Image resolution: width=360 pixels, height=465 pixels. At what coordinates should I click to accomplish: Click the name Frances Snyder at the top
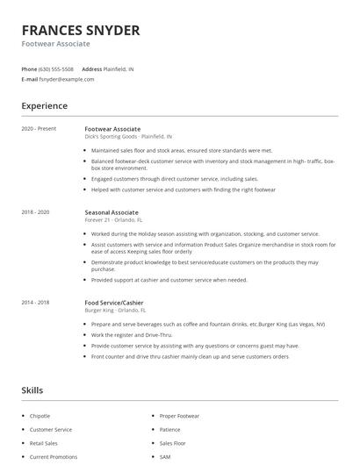[80, 30]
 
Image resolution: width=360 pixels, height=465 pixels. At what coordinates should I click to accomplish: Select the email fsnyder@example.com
[67, 79]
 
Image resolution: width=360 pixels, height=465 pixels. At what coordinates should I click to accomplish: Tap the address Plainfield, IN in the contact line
[119, 68]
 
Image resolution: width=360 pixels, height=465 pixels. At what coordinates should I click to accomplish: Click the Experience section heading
[44, 106]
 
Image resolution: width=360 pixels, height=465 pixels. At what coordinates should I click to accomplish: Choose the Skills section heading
[32, 390]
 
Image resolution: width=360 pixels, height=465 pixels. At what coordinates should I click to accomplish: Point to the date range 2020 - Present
[39, 129]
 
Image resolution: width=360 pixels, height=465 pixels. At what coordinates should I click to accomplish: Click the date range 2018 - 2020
[35, 212]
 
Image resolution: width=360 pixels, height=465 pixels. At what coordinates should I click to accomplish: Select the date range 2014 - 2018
[35, 302]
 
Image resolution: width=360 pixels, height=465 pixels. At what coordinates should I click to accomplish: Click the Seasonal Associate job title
[112, 212]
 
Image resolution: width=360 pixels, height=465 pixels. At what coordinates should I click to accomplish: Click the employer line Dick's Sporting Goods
[128, 137]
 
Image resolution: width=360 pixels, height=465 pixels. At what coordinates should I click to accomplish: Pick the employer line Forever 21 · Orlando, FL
[113, 220]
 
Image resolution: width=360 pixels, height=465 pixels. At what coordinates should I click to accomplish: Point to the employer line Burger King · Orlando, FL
[115, 310]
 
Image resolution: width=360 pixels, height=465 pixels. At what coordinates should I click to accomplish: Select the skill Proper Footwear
[179, 416]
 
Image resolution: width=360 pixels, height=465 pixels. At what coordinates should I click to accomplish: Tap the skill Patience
[169, 430]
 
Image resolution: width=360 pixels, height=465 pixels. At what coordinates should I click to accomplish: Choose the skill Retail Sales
[43, 443]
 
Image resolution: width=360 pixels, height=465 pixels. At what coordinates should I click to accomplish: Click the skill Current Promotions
[53, 457]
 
